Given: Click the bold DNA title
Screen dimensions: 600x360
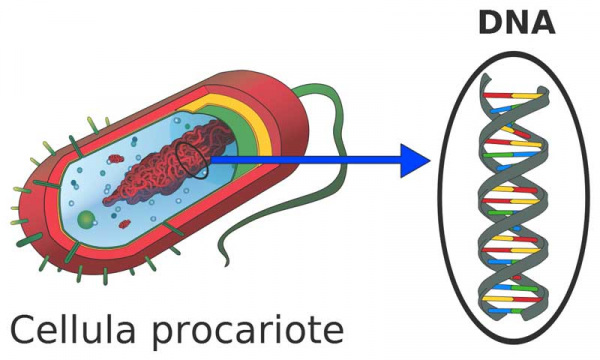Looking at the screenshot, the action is pyautogui.click(x=517, y=23).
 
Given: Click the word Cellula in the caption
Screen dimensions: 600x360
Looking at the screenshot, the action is pyautogui.click(x=73, y=329).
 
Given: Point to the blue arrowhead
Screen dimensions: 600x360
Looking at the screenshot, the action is pyautogui.click(x=415, y=160).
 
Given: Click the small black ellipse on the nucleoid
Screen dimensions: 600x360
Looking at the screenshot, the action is pyautogui.click(x=192, y=160).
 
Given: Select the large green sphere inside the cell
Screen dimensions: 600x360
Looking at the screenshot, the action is pyautogui.click(x=86, y=219).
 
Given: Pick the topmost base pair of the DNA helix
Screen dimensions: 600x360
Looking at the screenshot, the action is pyautogui.click(x=513, y=95).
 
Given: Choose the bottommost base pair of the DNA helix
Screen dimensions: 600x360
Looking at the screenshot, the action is pyautogui.click(x=505, y=311).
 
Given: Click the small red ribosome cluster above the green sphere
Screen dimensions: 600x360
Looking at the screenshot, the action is pyautogui.click(x=124, y=224).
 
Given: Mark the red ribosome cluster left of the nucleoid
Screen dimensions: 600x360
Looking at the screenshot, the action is pyautogui.click(x=115, y=158).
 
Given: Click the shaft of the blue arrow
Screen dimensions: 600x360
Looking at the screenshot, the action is pyautogui.click(x=305, y=160).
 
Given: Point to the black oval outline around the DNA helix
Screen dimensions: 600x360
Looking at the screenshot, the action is pyautogui.click(x=439, y=199).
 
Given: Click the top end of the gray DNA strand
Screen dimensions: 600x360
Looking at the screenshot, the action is pyautogui.click(x=485, y=77).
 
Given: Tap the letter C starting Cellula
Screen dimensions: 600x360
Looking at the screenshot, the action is pyautogui.click(x=23, y=329).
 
